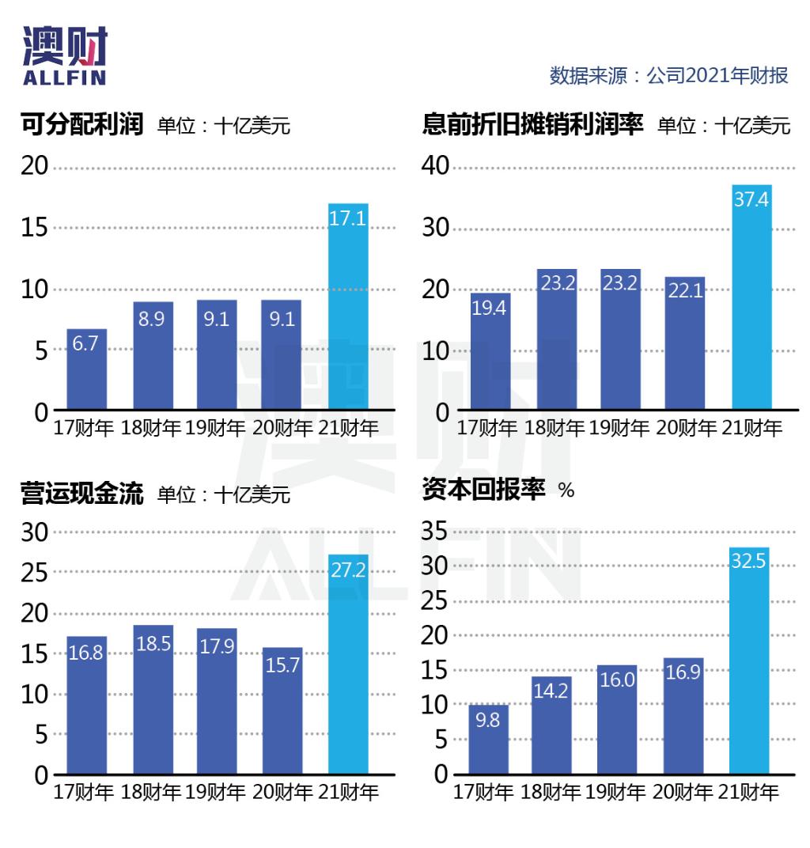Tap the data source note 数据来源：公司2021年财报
(x=669, y=76)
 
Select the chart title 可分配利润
(x=81, y=124)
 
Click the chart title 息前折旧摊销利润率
(x=533, y=124)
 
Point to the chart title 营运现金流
(x=81, y=494)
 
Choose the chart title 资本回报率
(x=484, y=490)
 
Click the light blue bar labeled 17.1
(x=348, y=309)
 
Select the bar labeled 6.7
(x=86, y=370)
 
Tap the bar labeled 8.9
(x=153, y=356)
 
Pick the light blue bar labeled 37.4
(x=751, y=299)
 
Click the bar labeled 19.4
(x=490, y=352)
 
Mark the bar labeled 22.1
(x=685, y=344)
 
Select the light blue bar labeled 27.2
(x=348, y=664)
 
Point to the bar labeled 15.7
(x=282, y=712)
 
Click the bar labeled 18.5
(x=153, y=700)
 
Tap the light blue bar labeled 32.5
(x=749, y=661)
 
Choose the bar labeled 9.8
(x=488, y=740)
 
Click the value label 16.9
(x=683, y=674)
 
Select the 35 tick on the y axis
(x=434, y=531)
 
